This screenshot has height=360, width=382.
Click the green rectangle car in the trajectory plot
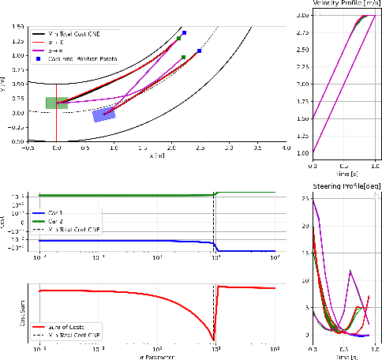coord(56,103)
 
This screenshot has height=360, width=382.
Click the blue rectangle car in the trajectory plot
coord(103,115)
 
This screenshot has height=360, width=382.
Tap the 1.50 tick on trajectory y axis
coord(17,27)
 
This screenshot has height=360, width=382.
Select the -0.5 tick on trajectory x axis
coord(28,148)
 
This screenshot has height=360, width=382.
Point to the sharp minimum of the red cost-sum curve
coord(213,339)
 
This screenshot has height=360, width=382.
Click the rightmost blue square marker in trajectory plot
coord(200,51)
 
